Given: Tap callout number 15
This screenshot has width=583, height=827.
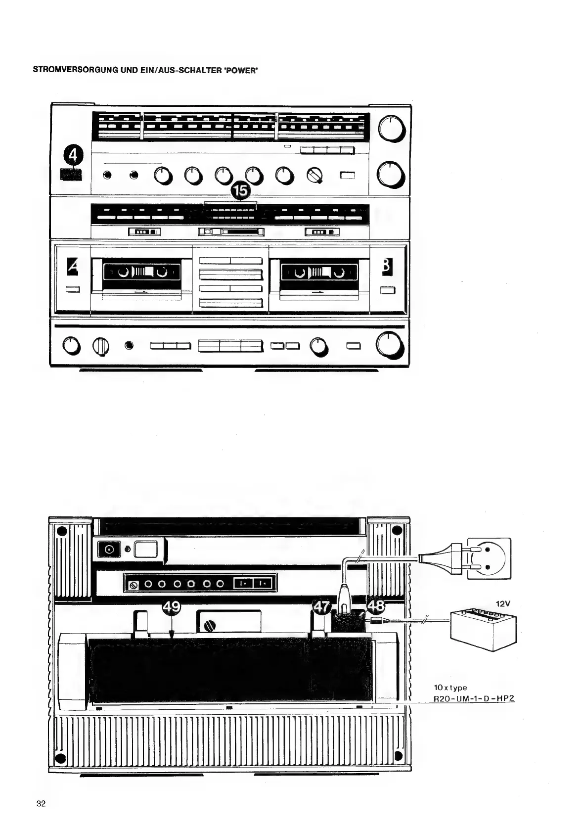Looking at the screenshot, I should tap(242, 191).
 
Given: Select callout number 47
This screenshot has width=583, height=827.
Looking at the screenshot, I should tap(322, 607).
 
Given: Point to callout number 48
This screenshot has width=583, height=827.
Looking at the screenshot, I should tap(375, 606).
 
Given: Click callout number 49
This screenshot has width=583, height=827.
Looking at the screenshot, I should tap(171, 607).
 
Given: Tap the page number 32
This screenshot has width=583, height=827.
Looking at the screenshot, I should tap(41, 804).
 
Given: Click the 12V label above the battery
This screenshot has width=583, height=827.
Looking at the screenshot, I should tap(503, 604).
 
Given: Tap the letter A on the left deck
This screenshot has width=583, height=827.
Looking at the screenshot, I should tap(73, 268).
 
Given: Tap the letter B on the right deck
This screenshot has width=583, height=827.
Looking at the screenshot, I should tap(387, 267).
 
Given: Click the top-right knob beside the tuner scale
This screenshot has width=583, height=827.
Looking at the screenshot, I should tap(392, 130).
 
